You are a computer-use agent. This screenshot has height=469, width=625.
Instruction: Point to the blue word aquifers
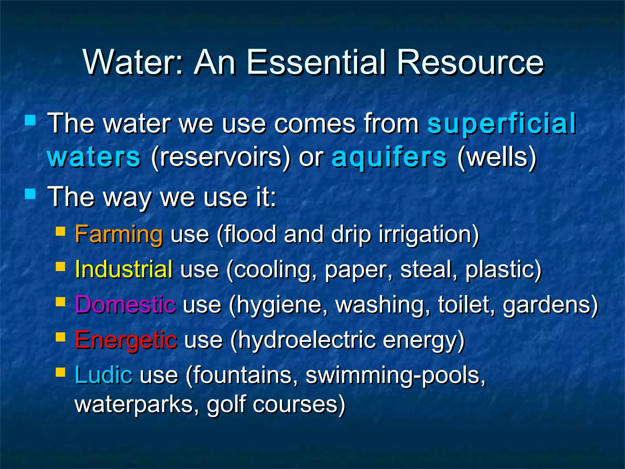[x=389, y=157]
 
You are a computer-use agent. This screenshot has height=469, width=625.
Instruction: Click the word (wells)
[x=497, y=157]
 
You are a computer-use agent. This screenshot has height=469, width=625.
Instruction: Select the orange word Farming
[x=119, y=234]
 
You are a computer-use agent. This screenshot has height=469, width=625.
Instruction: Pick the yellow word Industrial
[x=124, y=270]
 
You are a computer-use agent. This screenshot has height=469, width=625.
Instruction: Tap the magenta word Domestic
[x=125, y=305]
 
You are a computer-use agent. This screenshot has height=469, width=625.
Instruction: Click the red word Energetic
[x=126, y=340]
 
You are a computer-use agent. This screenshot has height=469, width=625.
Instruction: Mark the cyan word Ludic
[x=104, y=375]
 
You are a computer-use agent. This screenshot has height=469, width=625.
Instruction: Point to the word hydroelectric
[x=306, y=340]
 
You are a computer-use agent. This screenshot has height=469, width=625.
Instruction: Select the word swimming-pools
[x=395, y=375]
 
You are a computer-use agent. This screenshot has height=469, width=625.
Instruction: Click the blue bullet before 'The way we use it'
[x=30, y=193]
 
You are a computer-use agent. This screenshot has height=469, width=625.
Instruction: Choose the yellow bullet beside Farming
[x=60, y=231]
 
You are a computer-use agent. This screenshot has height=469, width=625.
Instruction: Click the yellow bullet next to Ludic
[x=60, y=372]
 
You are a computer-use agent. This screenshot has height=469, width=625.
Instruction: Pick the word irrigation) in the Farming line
[x=429, y=234]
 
